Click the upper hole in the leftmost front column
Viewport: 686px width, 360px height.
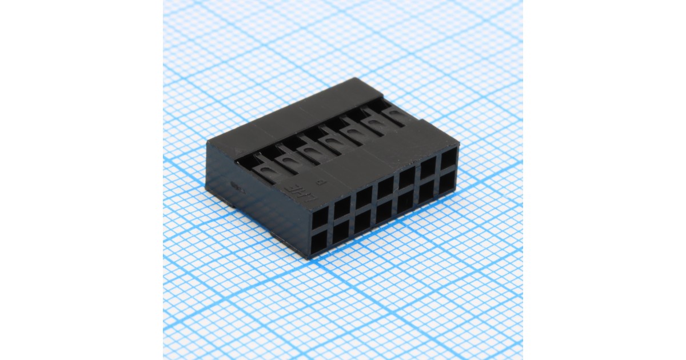click(x=320, y=218)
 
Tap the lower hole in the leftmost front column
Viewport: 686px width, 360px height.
click(x=320, y=241)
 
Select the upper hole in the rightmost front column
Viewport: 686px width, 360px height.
click(x=448, y=158)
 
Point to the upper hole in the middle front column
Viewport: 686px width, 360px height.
click(x=385, y=187)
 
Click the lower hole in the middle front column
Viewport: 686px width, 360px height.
click(x=385, y=211)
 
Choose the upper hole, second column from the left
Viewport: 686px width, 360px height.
click(x=342, y=207)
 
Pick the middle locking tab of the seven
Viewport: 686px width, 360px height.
click(x=330, y=140)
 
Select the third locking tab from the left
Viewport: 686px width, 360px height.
click(x=309, y=149)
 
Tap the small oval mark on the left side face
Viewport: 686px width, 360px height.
click(x=235, y=185)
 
